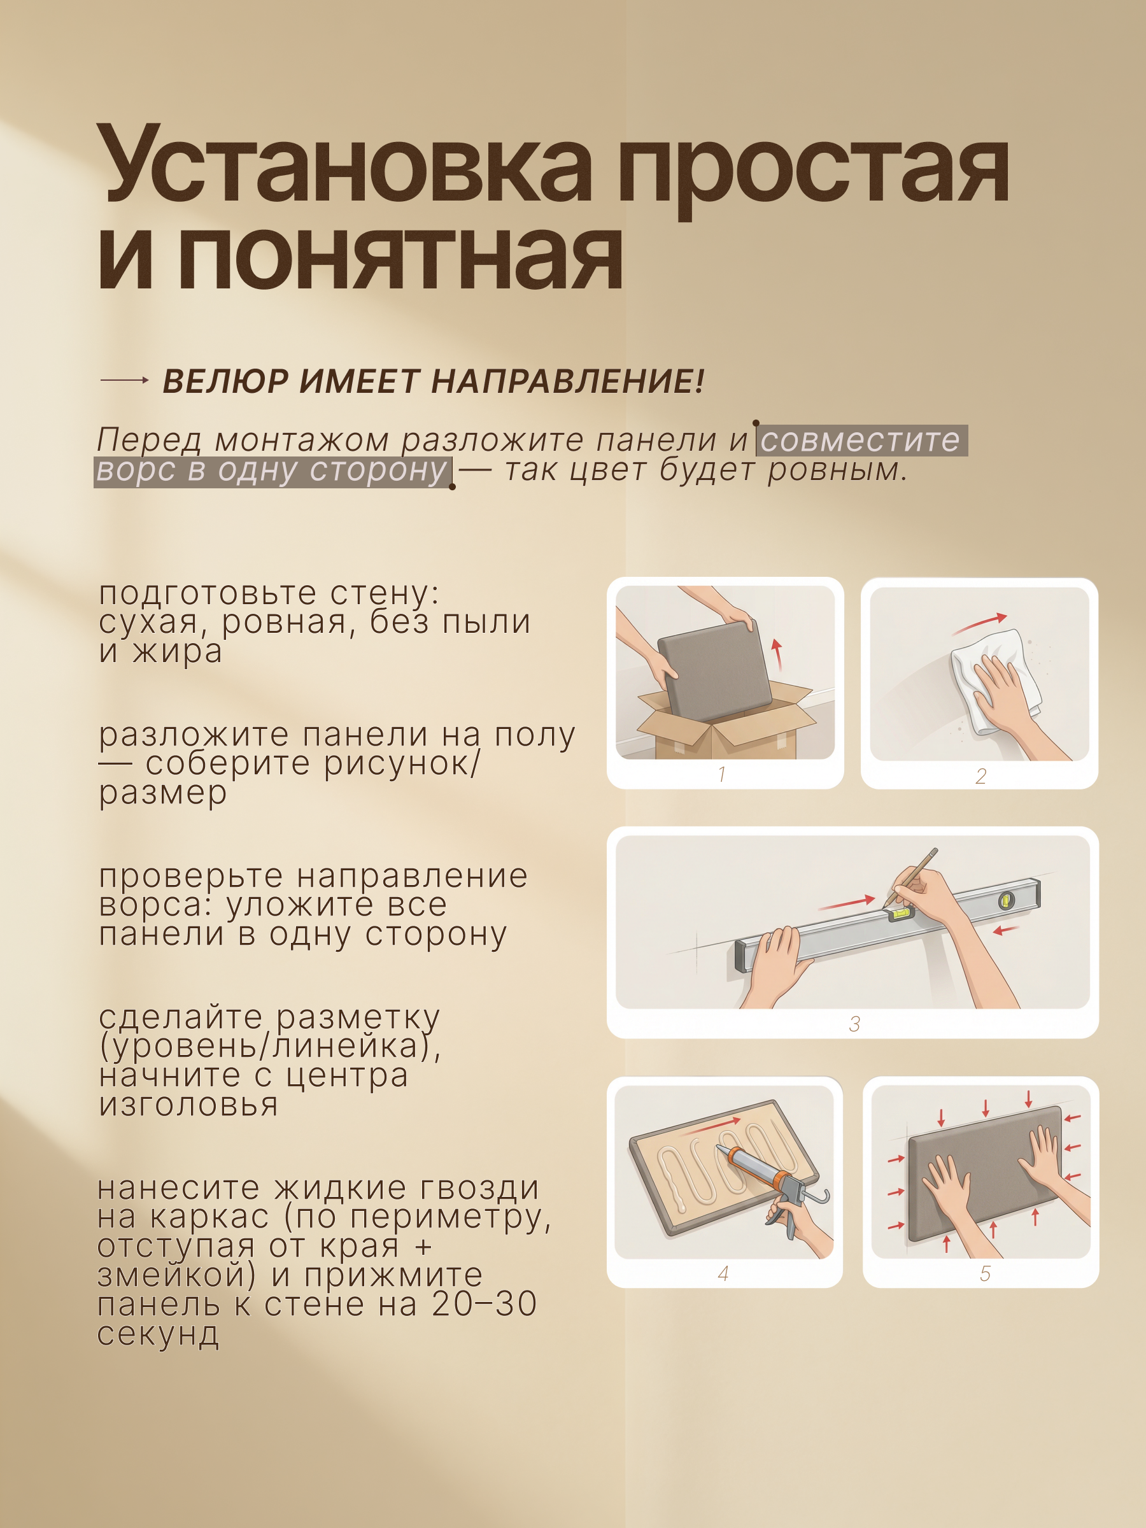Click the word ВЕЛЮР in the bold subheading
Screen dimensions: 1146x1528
click(225, 381)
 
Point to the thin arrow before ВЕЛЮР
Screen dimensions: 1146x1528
click(124, 380)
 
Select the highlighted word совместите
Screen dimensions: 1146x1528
click(861, 440)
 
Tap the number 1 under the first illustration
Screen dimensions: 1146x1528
click(722, 774)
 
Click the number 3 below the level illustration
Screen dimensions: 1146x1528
click(854, 1024)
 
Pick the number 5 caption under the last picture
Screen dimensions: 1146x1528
click(985, 1273)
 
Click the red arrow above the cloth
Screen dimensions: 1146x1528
click(978, 623)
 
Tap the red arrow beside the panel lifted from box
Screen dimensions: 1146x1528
click(778, 653)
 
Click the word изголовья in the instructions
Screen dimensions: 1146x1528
click(188, 1105)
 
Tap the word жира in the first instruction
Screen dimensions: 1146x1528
click(178, 651)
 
